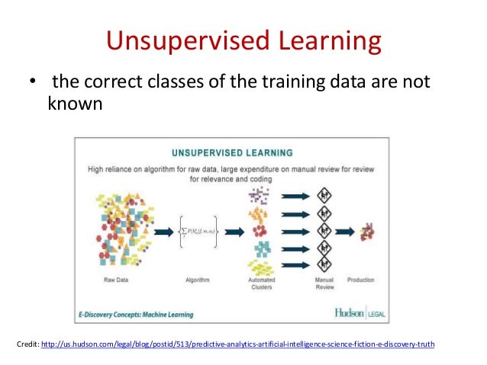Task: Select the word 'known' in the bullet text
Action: click(x=75, y=103)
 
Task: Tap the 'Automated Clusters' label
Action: click(x=262, y=284)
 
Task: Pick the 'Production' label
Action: click(x=361, y=280)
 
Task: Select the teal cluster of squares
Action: click(x=262, y=248)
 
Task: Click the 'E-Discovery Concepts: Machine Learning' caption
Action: click(x=136, y=314)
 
